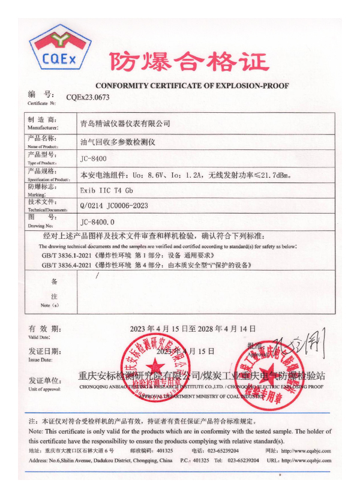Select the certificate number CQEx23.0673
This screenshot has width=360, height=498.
(88, 97)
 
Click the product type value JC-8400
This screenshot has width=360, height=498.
(93, 159)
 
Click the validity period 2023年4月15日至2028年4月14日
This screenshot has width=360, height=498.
(193, 329)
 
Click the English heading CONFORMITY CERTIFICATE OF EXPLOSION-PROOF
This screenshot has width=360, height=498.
(192, 86)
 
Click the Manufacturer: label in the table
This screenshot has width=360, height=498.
(43, 128)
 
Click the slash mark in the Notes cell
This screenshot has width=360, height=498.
(98, 275)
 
